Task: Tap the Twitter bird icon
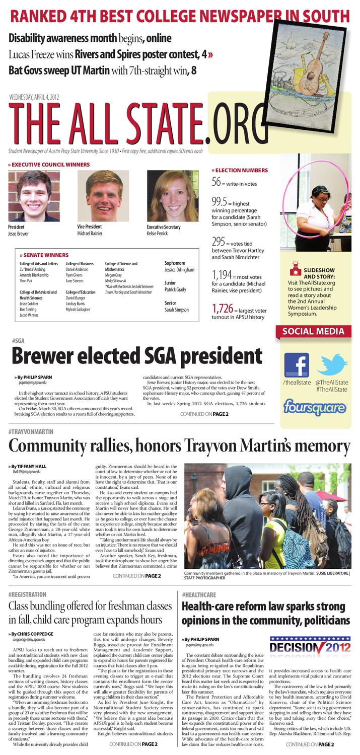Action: (332, 363)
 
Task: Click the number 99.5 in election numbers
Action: (221, 202)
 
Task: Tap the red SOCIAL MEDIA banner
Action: (313, 331)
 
